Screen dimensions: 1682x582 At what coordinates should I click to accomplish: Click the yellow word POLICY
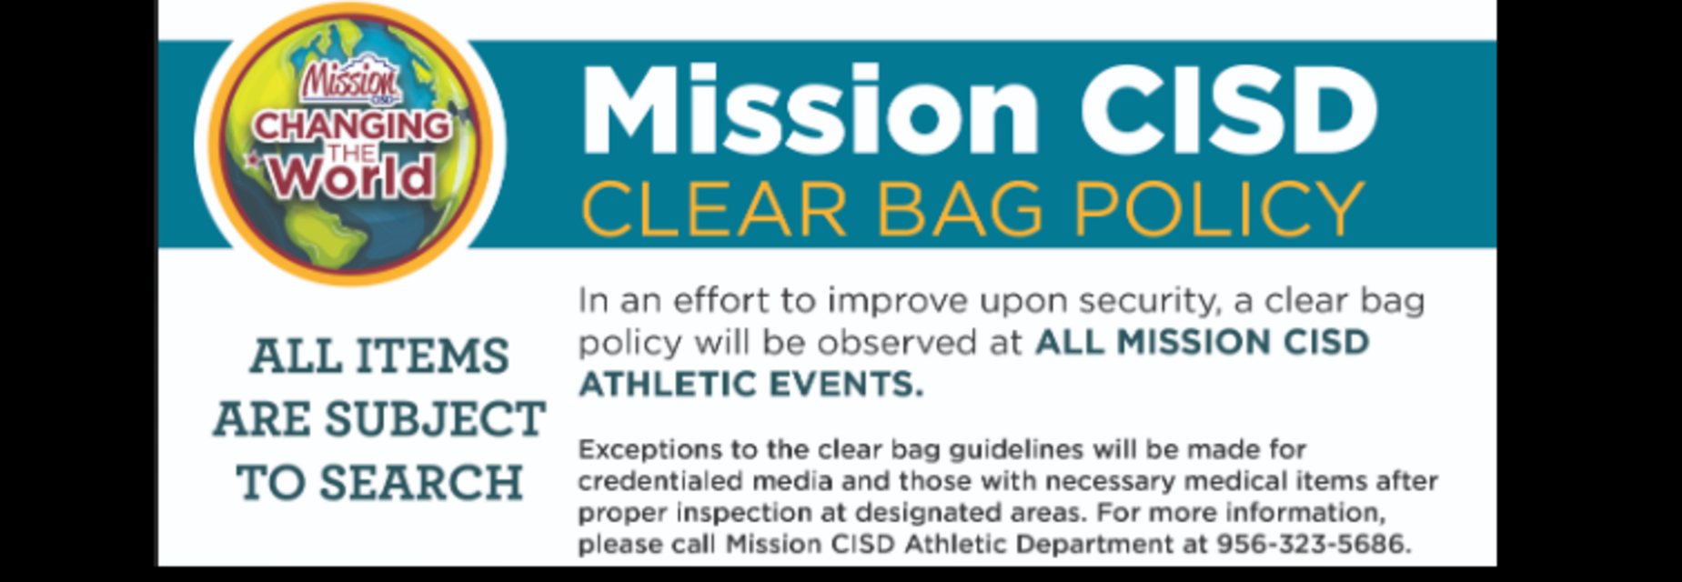click(1219, 209)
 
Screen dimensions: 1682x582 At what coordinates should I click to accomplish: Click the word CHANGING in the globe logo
click(352, 126)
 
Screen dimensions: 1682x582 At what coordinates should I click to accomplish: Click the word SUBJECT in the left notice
click(435, 419)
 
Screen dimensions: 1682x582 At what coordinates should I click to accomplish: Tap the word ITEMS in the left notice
click(432, 356)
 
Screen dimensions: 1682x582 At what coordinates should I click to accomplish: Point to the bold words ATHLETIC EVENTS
click(751, 384)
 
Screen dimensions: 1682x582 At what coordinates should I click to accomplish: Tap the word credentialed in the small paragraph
click(656, 481)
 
